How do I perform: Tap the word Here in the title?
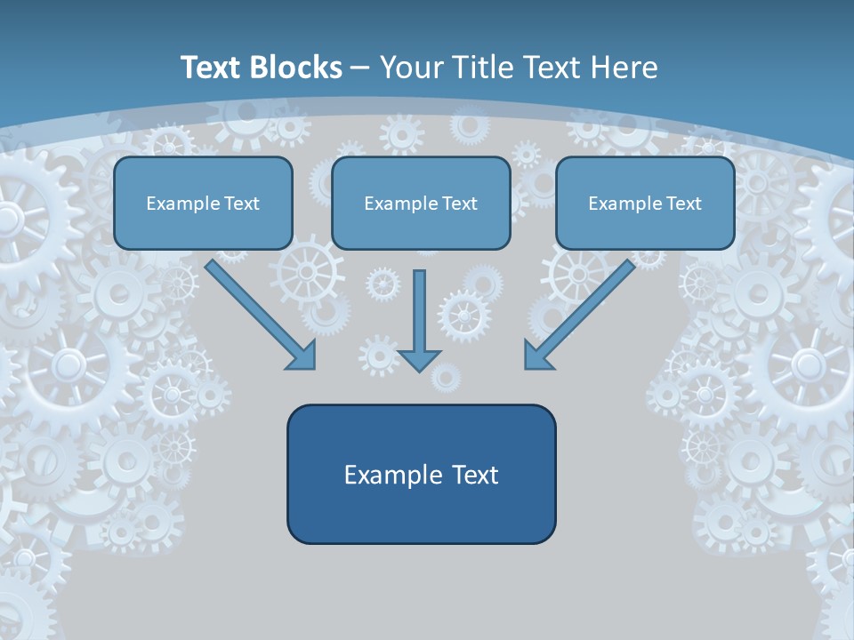point(624,68)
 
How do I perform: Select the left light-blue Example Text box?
point(203,203)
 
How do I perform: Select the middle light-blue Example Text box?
point(421,203)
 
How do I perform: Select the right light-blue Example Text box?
point(645,203)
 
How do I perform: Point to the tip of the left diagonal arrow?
point(315,368)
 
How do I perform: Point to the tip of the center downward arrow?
point(420,371)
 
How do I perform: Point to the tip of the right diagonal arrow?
point(526,368)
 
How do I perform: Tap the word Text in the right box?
point(683,204)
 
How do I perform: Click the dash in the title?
point(360,68)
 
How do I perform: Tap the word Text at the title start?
point(212,68)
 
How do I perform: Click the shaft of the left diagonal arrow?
point(254,307)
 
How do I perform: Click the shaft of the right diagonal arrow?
point(587,307)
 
